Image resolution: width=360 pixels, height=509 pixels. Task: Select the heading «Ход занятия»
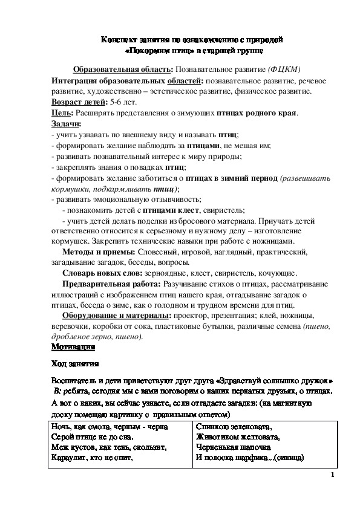coord(71,364)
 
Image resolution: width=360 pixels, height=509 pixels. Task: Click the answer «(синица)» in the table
coord(288,458)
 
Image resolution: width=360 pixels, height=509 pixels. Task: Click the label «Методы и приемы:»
coord(98,252)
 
